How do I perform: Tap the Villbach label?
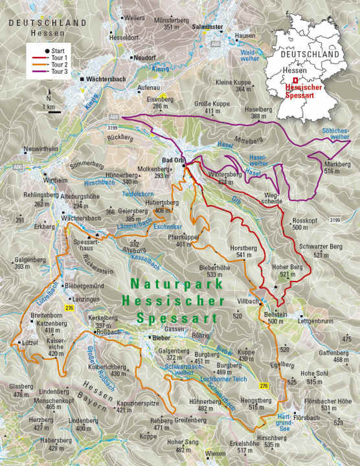248,302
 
